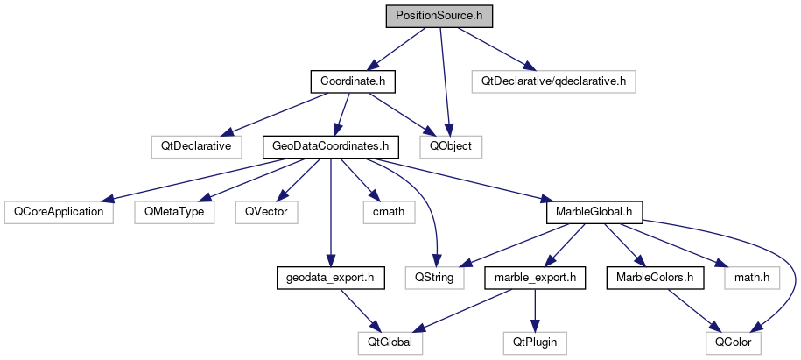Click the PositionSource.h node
pyautogui.click(x=426, y=16)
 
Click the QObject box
pyautogui.click(x=451, y=146)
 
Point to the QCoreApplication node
pyautogui.click(x=59, y=211)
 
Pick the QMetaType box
pyautogui.click(x=173, y=211)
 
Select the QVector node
pyautogui.click(x=267, y=211)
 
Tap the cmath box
pyautogui.click(x=385, y=211)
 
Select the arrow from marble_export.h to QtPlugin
pyautogui.click(x=532, y=310)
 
